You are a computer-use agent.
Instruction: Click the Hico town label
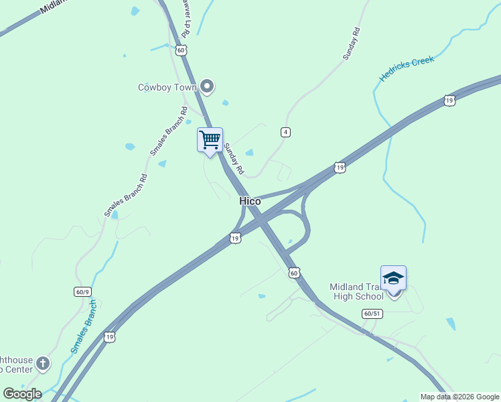click(x=250, y=201)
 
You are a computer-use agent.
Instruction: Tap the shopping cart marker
click(x=210, y=140)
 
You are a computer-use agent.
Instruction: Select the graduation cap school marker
click(x=393, y=278)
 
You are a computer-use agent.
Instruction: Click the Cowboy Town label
click(x=167, y=87)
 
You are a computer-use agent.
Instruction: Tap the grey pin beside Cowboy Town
click(x=207, y=86)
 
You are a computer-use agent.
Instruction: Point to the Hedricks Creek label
click(x=407, y=68)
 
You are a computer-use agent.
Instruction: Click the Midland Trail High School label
click(x=356, y=291)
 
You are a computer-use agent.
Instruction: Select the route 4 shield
click(x=285, y=132)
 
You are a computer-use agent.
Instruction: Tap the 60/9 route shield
click(x=82, y=291)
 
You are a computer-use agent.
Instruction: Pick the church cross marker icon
click(x=43, y=363)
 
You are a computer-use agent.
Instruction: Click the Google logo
click(x=22, y=394)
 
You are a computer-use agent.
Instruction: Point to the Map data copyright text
click(x=460, y=397)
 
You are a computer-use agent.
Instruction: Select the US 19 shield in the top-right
click(x=449, y=101)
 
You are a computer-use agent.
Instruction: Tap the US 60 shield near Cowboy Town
click(x=181, y=50)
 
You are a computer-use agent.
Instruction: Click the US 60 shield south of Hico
click(x=294, y=273)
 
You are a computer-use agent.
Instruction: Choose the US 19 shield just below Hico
click(x=234, y=238)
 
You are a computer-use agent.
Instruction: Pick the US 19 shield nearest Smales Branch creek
click(x=109, y=338)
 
